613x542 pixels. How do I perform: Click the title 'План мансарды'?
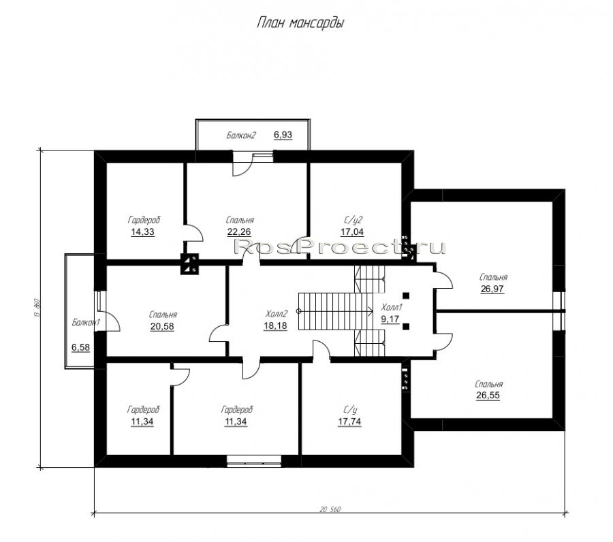coord(300,23)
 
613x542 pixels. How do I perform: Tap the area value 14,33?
coord(142,232)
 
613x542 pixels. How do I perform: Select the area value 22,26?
coord(239,232)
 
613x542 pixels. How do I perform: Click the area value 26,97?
coord(492,289)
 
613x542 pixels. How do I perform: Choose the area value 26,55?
coord(488,396)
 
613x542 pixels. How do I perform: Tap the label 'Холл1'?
coord(392,307)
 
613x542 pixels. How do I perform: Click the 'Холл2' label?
coord(277,314)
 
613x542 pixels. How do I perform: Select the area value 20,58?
coord(162,326)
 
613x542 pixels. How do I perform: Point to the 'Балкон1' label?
coord(86,322)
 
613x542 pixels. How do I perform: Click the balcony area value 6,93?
coord(283,135)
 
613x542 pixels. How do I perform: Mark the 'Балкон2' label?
coord(241,135)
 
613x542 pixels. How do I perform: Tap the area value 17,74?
coord(349,421)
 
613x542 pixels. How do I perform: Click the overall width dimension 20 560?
coord(330,509)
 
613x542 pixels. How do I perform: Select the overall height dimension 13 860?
coord(37,308)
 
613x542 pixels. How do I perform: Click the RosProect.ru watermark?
coord(339,246)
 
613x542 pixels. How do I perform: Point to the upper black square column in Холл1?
coord(406,296)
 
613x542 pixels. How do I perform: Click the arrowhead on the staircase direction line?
coord(371,311)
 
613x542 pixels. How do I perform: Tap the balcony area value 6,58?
coord(80,347)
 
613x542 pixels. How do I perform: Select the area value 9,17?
coord(390,319)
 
